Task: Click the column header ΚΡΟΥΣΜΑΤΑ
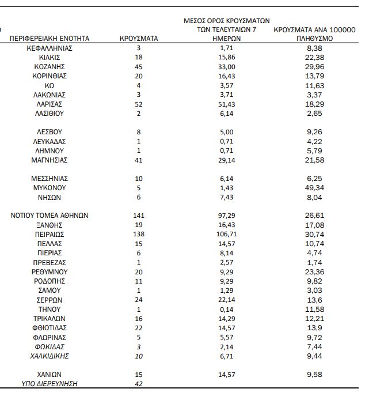(138, 39)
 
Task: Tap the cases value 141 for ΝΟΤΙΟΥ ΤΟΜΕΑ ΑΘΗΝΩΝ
(138, 216)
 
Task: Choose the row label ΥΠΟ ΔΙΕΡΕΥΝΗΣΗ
(50, 384)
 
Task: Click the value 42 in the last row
(138, 384)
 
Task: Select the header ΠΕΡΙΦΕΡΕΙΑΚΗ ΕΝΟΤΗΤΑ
(50, 39)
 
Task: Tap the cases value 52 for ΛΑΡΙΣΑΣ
(138, 104)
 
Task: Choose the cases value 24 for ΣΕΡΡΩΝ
(138, 300)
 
